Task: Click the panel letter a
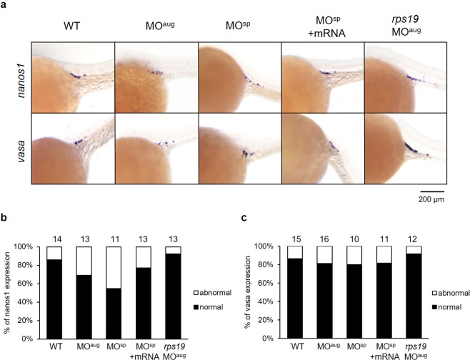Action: click(x=4, y=5)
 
